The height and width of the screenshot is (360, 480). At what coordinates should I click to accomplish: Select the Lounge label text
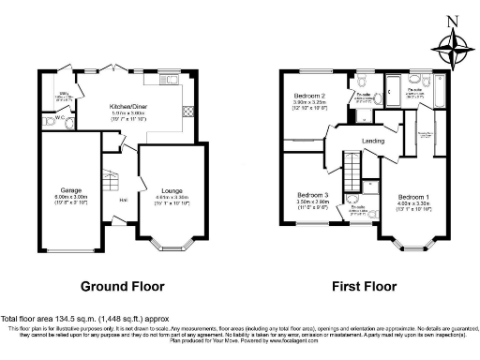[172, 190]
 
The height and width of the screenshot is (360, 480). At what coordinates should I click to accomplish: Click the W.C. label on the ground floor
[59, 118]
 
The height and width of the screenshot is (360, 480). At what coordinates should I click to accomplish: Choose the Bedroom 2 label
[309, 97]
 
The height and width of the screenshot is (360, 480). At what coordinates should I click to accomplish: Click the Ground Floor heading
[122, 286]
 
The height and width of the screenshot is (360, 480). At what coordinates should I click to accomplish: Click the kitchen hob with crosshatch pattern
[187, 112]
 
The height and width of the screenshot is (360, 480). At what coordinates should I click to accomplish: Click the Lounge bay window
[172, 247]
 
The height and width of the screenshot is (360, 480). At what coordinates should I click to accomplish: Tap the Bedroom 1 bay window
[410, 247]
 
